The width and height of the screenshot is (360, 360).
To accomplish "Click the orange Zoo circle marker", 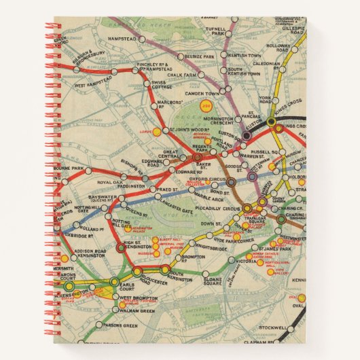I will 204,105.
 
